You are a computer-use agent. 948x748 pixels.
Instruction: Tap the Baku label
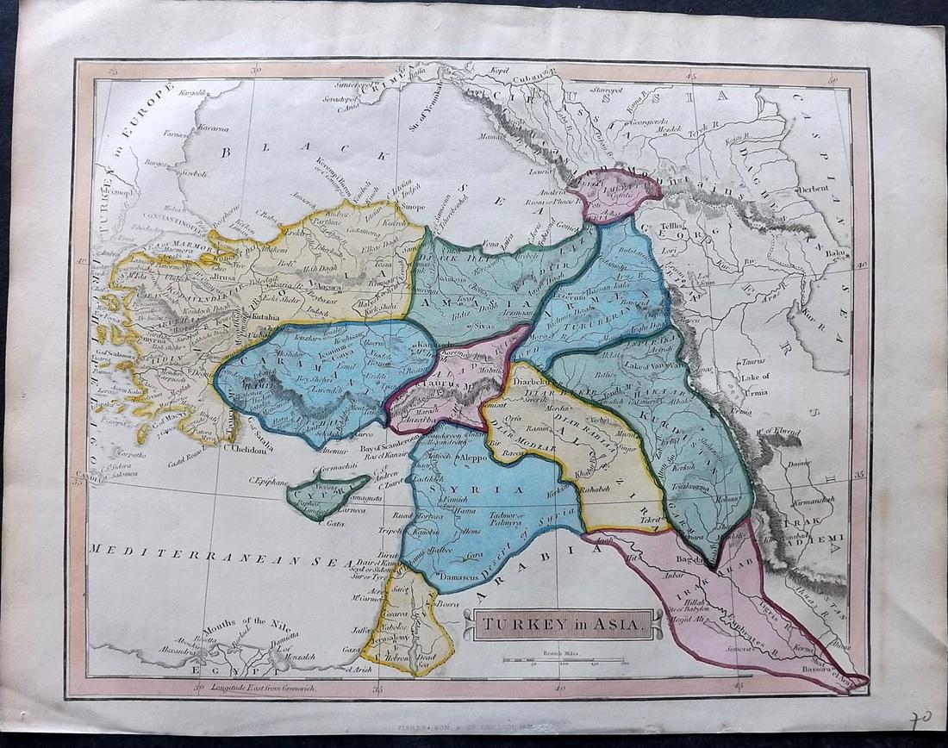coord(834,253)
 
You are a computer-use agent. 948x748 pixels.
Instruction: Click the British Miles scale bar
coord(565,660)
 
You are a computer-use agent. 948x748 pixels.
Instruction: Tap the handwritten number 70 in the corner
coord(920,720)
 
